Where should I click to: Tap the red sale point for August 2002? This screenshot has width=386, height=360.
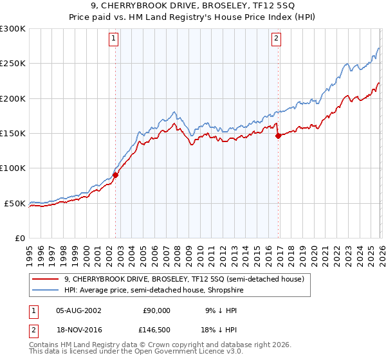tap(116, 174)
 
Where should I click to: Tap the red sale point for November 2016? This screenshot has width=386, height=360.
tap(278, 136)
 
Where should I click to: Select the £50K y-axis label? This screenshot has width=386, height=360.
tap(15, 203)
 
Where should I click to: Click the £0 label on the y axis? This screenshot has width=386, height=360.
tap(21, 238)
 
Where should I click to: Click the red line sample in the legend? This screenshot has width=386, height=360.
tap(46, 279)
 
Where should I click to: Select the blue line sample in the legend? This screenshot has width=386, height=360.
tap(46, 290)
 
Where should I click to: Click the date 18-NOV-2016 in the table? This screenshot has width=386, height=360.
tap(78, 330)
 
